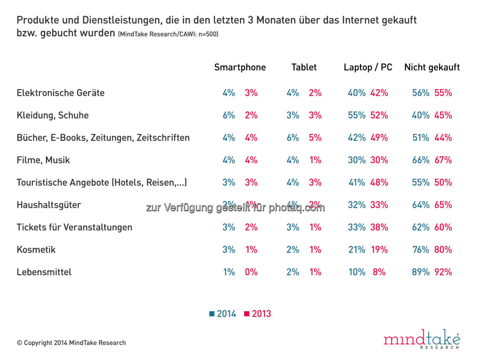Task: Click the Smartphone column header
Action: (240, 67)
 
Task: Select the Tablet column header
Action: (304, 67)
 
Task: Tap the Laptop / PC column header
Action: (368, 67)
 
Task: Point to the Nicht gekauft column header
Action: (432, 67)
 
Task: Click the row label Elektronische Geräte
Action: (61, 93)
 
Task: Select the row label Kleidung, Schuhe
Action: (53, 115)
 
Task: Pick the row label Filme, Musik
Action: (43, 160)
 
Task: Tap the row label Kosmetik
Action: (36, 250)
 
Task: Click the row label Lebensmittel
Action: (44, 272)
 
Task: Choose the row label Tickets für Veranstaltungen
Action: (74, 227)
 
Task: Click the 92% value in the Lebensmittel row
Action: (443, 272)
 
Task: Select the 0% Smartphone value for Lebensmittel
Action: (251, 272)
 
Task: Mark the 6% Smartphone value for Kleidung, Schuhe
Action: (229, 115)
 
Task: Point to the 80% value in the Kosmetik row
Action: (443, 250)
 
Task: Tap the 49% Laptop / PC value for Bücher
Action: (379, 138)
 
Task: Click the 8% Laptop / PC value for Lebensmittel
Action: (379, 272)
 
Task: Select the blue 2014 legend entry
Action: (223, 314)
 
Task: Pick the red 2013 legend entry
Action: (258, 314)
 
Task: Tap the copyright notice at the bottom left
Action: (71, 343)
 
